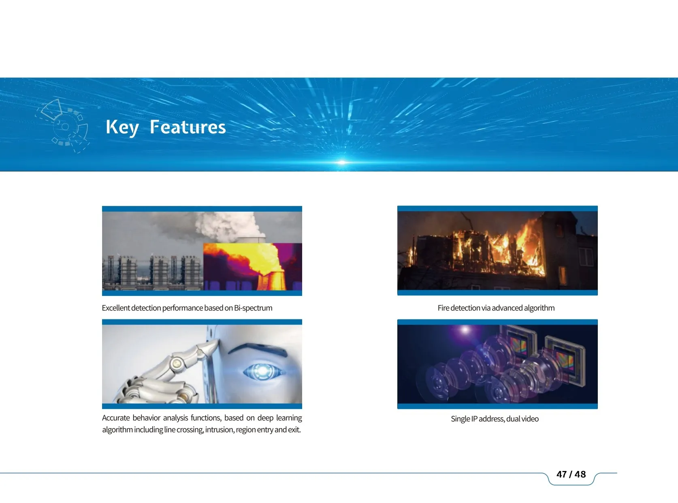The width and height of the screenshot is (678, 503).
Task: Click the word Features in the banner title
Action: [188, 127]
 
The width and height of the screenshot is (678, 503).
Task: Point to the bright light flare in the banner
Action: [342, 162]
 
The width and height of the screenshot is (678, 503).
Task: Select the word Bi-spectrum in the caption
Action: [253, 308]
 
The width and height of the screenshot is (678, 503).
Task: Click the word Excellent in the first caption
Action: [116, 308]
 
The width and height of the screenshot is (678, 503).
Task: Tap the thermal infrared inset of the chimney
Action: [252, 266]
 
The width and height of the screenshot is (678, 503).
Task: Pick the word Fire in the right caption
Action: [443, 308]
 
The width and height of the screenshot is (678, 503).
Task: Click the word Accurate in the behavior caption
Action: [116, 418]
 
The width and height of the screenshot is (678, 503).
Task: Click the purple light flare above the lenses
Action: [465, 330]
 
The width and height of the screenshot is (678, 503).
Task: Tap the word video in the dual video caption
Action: [530, 419]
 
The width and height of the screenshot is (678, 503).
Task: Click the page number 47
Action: [561, 474]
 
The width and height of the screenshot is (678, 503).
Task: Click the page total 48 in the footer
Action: [580, 474]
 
